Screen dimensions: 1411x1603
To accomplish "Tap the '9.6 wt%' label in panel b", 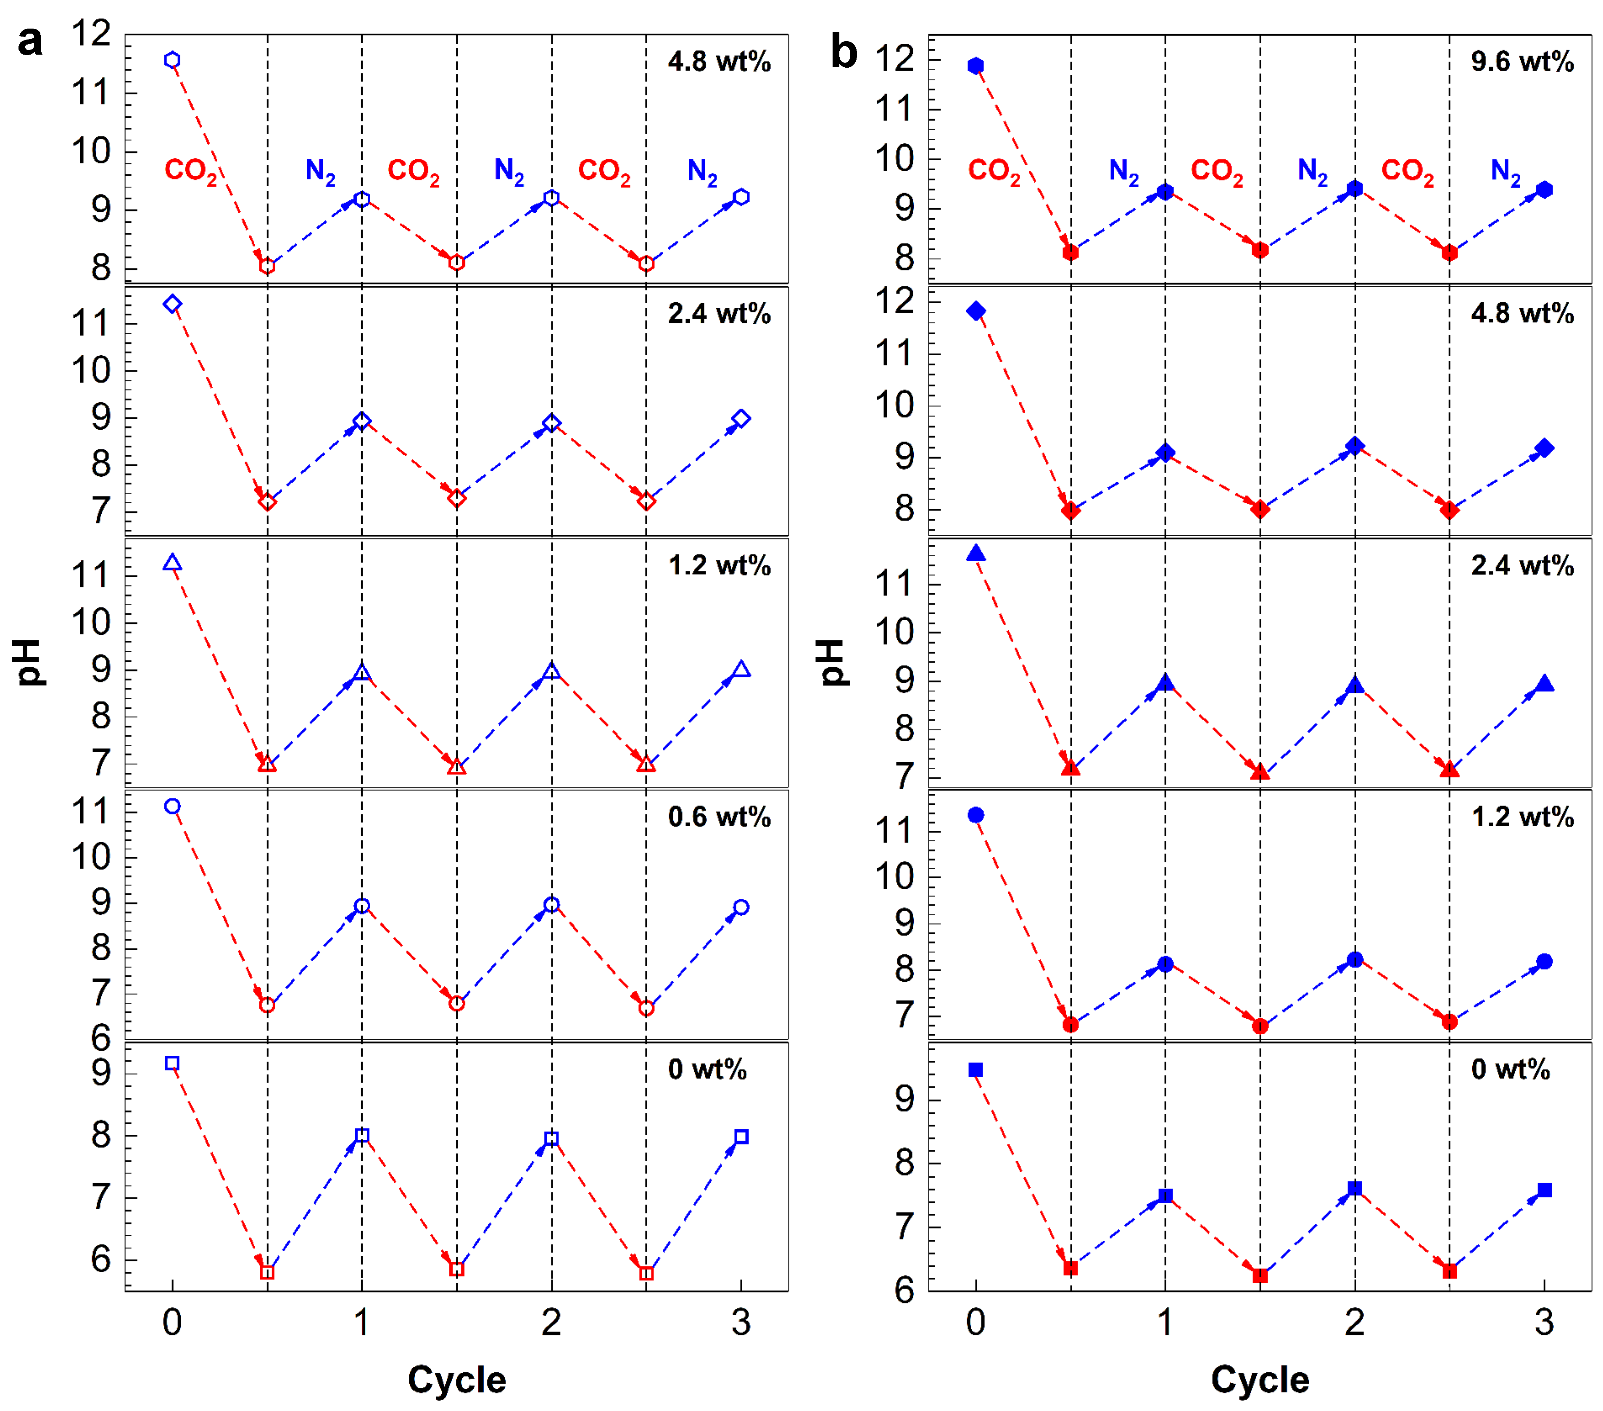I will point(1521,62).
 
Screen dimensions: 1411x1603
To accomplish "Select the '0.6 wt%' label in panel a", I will point(718,817).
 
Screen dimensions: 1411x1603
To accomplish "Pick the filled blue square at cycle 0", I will point(976,1070).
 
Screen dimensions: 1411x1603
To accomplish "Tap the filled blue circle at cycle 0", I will point(976,815).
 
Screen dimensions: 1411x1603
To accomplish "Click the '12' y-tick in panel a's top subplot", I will point(91,34).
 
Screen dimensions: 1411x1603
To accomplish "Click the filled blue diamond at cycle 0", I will point(976,312).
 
